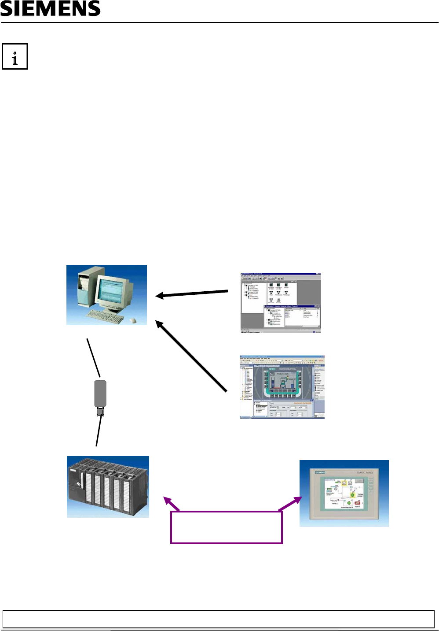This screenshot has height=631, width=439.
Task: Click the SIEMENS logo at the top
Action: pos(51,8)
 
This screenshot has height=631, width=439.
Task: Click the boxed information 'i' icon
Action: pos(15,56)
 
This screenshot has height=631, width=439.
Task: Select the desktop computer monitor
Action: pos(112,291)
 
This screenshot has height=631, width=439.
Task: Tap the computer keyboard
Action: pos(105,315)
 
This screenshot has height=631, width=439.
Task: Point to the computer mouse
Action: pos(133,320)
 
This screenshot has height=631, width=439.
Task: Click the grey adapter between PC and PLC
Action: pos(100,393)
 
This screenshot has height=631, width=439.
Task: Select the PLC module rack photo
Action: pos(108,486)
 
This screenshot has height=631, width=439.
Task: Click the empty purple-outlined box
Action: pos(226,527)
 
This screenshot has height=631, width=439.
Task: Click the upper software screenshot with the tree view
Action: pos(281,303)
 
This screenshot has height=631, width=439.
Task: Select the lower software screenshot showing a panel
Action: pos(282,386)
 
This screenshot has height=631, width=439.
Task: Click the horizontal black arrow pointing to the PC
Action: pos(192,293)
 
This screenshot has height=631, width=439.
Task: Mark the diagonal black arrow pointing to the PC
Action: pos(191,356)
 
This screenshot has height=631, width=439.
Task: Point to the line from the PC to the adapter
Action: pos(94,357)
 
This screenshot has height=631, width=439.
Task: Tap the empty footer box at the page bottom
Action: pos(219,619)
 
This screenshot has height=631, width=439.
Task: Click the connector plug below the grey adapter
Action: pos(101,412)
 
